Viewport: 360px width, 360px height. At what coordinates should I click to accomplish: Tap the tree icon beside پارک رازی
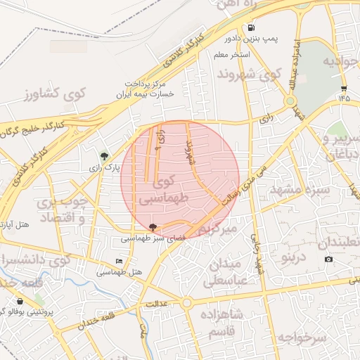tap(105, 156)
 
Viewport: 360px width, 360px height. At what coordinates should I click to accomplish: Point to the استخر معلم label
tap(238, 53)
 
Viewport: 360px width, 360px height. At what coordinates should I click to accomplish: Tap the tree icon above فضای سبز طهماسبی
tap(154, 226)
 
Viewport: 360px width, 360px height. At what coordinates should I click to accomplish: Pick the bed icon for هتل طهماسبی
tap(119, 261)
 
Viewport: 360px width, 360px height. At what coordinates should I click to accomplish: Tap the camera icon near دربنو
tap(328, 259)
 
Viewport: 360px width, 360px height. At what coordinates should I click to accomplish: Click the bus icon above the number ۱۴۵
tap(343, 89)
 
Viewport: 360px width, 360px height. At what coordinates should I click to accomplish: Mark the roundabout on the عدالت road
tap(186, 303)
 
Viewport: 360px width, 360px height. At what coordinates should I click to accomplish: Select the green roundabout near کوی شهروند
tap(290, 101)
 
